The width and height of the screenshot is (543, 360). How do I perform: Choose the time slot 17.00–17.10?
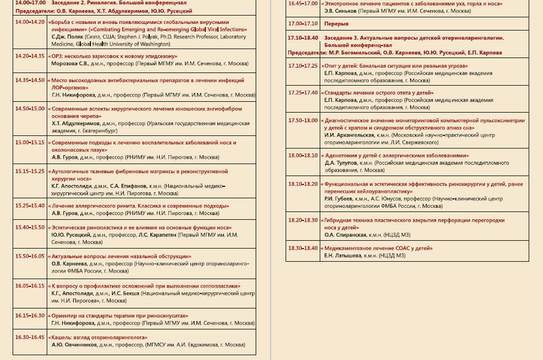click(302, 23)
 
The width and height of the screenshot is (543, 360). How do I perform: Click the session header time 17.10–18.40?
click(302, 38)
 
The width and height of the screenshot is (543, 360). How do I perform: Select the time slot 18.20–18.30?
click(302, 220)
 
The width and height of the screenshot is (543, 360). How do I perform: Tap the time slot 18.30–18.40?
click(302, 248)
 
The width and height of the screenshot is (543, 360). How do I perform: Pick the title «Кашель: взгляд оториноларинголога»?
click(99, 337)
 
